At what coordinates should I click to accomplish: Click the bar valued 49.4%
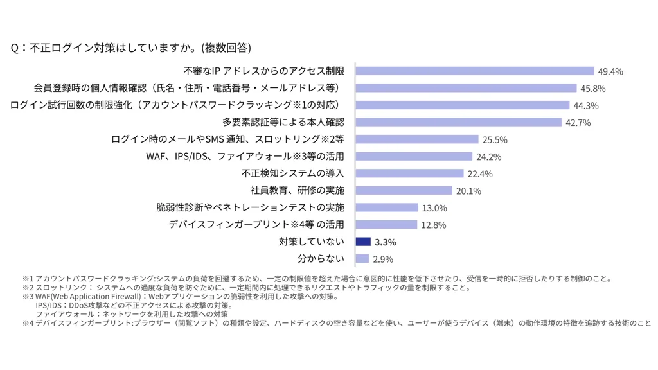click(x=474, y=71)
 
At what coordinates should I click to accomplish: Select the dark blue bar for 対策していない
click(x=363, y=242)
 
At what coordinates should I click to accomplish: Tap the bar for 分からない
click(x=362, y=259)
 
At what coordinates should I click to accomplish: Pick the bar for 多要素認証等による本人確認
click(x=458, y=122)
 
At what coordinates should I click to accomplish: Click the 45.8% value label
click(x=593, y=89)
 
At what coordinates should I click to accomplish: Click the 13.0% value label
click(x=434, y=208)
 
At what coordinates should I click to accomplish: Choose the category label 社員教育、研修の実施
click(x=297, y=190)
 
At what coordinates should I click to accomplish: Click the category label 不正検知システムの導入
click(x=293, y=173)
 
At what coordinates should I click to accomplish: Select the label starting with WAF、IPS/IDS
click(x=245, y=156)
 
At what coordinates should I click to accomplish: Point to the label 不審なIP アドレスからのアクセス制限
click(x=264, y=71)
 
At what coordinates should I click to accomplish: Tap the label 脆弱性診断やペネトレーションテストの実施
click(x=250, y=207)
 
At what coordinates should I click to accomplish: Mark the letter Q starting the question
click(x=15, y=48)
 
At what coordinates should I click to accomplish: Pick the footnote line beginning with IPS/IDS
click(x=134, y=305)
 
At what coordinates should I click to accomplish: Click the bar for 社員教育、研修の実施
click(x=404, y=190)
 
